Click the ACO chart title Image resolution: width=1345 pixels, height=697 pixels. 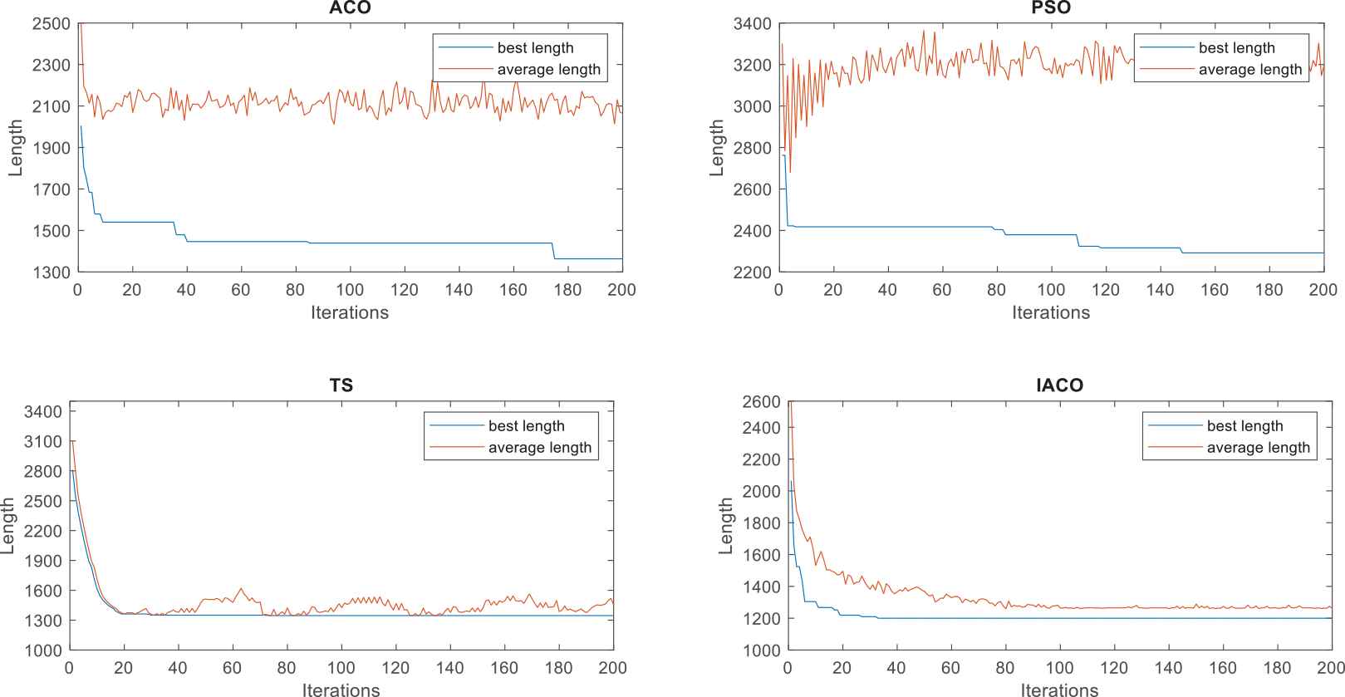[x=350, y=8]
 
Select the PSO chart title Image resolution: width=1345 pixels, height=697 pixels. [x=1051, y=8]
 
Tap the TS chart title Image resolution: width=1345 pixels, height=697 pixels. [x=341, y=385]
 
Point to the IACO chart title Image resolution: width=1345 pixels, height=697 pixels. [x=1059, y=385]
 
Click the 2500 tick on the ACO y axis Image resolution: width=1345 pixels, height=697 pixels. [x=51, y=23]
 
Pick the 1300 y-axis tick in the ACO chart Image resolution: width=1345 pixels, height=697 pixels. [x=51, y=272]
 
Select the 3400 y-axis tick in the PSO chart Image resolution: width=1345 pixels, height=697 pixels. [x=752, y=23]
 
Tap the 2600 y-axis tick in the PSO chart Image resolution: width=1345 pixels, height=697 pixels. [x=752, y=189]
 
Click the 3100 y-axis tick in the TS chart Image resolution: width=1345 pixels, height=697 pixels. [x=43, y=441]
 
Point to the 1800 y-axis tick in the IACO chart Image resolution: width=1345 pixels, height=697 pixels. [x=761, y=523]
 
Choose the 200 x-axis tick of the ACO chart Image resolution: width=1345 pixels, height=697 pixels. [x=622, y=289]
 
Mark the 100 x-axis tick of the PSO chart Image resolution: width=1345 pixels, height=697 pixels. [x=1051, y=289]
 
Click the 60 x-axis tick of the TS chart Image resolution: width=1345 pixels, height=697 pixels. [x=232, y=667]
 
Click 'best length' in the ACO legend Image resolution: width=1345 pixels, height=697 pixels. [x=535, y=48]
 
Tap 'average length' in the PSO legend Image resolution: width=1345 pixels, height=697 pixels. [x=1249, y=70]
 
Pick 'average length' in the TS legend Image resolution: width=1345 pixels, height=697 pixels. [x=539, y=448]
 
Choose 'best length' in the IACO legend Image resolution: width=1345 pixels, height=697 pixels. [x=1244, y=426]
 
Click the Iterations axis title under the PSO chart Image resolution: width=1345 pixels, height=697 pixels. [x=1051, y=312]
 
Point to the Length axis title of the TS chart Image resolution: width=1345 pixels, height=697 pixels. [x=8, y=526]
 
